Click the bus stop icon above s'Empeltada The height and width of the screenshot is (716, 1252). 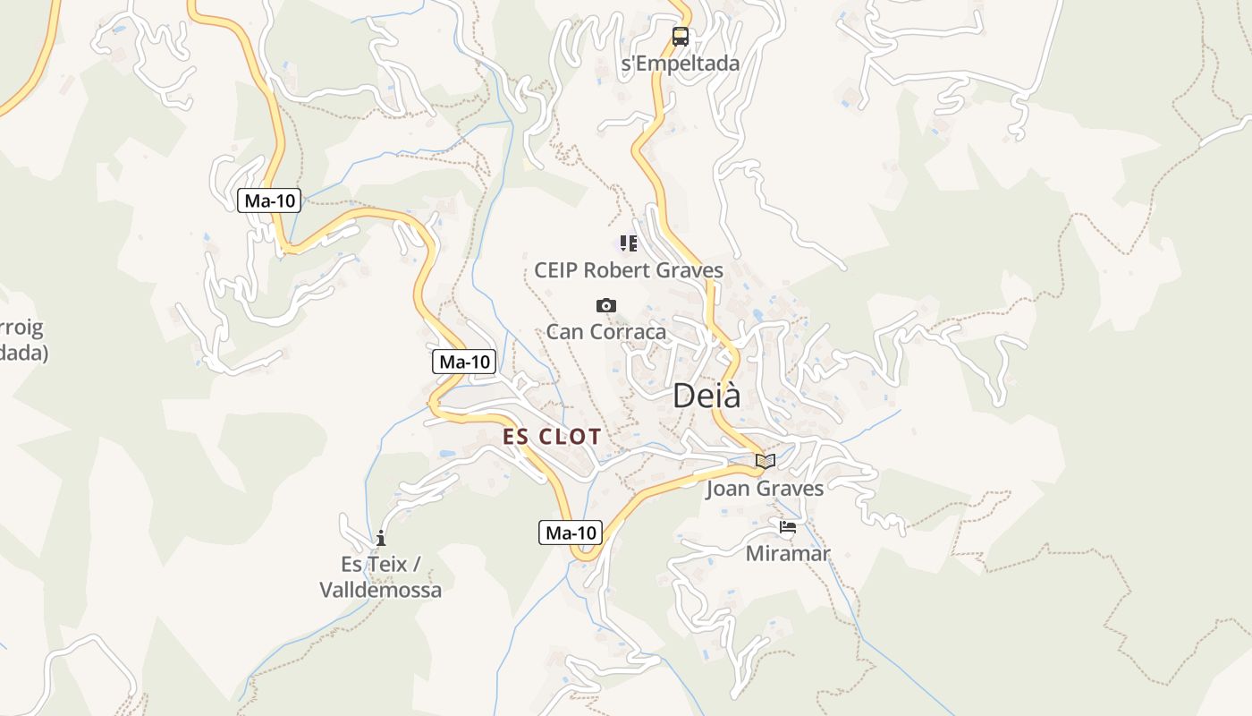(681, 37)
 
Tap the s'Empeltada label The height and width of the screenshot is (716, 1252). (681, 64)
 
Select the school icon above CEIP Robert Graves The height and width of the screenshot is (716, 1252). (629, 243)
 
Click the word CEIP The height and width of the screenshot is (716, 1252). (556, 270)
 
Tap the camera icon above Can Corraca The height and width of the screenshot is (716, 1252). (606, 306)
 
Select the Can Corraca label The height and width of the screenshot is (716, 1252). (606, 332)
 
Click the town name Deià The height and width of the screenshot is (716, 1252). (706, 396)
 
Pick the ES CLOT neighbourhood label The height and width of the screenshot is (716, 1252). (552, 437)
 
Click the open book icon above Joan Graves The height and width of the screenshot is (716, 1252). (766, 462)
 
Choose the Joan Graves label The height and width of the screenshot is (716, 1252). (765, 489)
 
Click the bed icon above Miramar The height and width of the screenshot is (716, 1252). (788, 527)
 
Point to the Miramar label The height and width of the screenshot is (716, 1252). (788, 554)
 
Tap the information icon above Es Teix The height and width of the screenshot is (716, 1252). (381, 538)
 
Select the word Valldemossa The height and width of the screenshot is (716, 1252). (381, 591)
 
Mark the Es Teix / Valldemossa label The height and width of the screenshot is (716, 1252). (381, 577)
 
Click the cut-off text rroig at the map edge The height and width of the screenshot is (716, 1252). (22, 328)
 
